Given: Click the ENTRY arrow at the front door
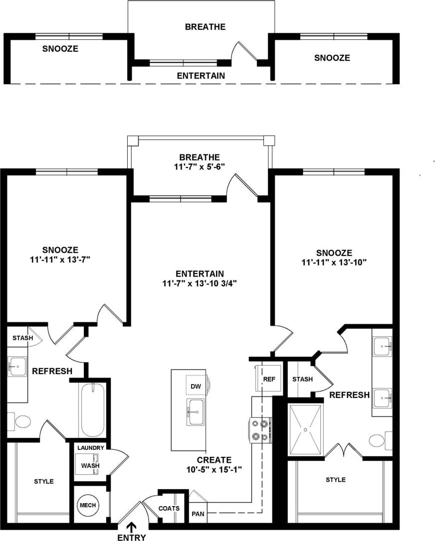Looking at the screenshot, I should tap(132, 527).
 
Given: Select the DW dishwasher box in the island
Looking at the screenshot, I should tap(196, 385).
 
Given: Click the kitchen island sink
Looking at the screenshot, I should tap(196, 411).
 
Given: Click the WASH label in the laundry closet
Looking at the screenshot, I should tap(90, 466).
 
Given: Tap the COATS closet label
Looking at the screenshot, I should tap(168, 509).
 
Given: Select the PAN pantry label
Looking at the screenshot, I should tap(197, 514).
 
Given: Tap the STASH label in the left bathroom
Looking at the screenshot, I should tap(23, 338).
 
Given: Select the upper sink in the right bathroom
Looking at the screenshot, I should tap(382, 344).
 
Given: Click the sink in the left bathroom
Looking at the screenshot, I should tap(17, 367).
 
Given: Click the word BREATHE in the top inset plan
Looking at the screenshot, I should tap(205, 26).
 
